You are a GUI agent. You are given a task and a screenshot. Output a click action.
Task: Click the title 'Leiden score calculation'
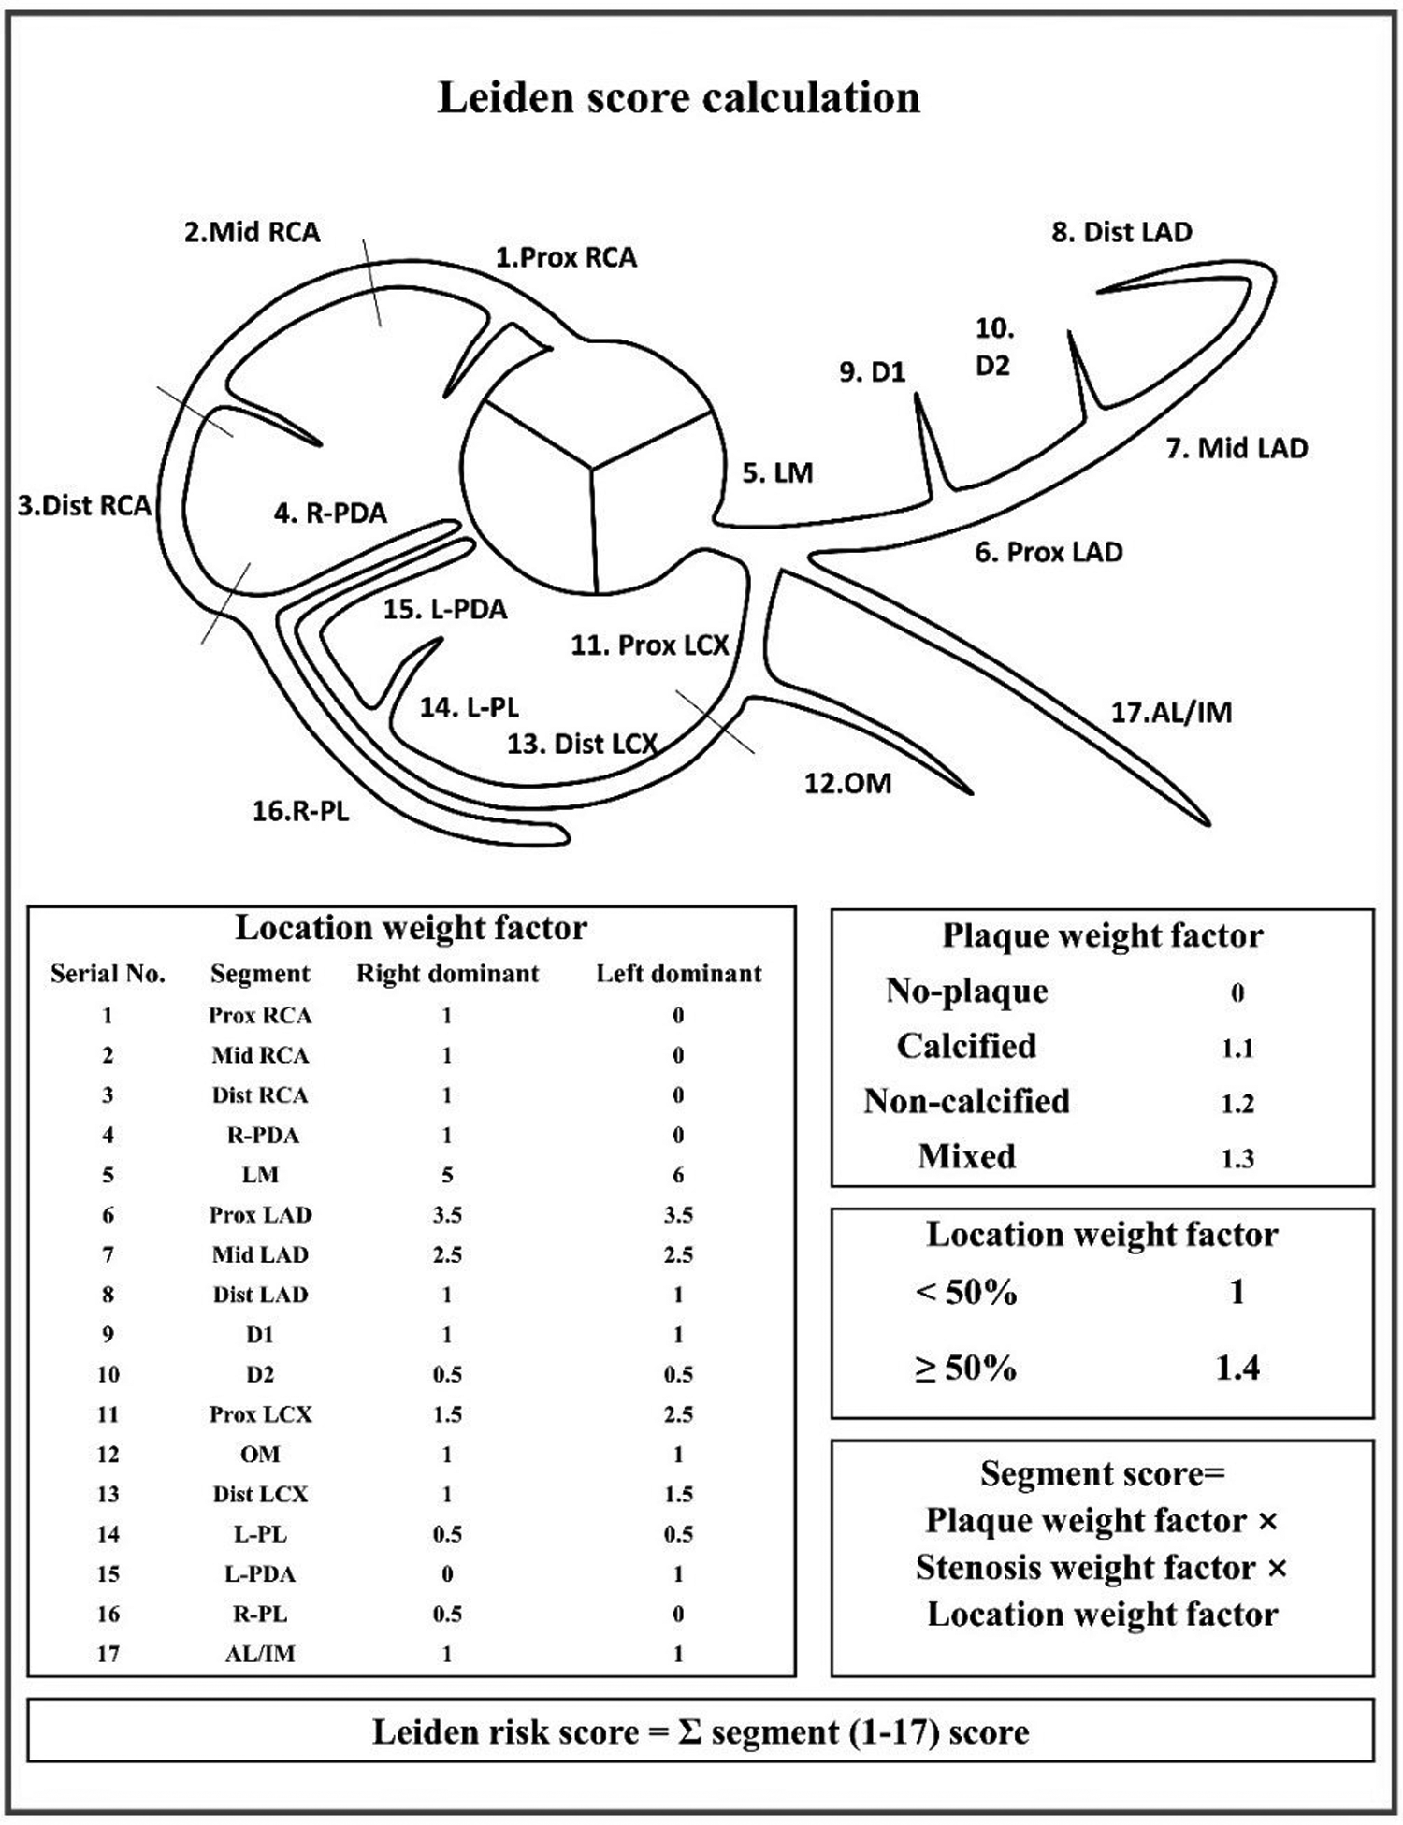tap(679, 98)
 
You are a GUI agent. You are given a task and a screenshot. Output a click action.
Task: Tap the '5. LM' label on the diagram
tap(777, 472)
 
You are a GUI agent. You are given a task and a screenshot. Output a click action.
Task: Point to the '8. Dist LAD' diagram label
tap(1121, 232)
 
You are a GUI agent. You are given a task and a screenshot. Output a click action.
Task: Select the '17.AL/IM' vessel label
tap(1171, 712)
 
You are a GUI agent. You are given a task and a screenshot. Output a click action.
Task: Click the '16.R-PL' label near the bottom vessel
tap(300, 810)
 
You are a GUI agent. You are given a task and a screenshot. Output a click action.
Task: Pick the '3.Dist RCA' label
tap(84, 505)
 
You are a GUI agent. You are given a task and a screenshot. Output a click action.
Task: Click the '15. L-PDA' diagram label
tap(444, 609)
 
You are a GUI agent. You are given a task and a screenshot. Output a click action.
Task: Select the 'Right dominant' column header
tap(447, 974)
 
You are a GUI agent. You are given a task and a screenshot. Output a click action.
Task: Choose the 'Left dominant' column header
tap(678, 974)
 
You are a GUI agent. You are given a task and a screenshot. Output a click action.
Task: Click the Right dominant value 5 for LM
tap(447, 1175)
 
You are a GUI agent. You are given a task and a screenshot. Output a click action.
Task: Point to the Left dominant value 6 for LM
tap(678, 1175)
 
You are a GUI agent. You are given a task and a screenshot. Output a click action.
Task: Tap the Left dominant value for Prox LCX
tap(678, 1414)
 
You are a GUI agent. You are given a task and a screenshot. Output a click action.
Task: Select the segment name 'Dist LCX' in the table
tap(260, 1494)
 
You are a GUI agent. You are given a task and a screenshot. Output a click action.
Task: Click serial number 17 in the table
tap(108, 1654)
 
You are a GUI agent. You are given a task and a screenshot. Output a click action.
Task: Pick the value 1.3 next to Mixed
tap(1237, 1158)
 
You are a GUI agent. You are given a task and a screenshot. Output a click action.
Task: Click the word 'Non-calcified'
tap(966, 1101)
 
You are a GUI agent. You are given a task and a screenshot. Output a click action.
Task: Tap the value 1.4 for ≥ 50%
tap(1237, 1368)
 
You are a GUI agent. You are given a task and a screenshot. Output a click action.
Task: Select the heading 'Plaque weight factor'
tap(1102, 935)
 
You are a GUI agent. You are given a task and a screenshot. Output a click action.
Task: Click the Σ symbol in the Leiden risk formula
tap(688, 1732)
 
